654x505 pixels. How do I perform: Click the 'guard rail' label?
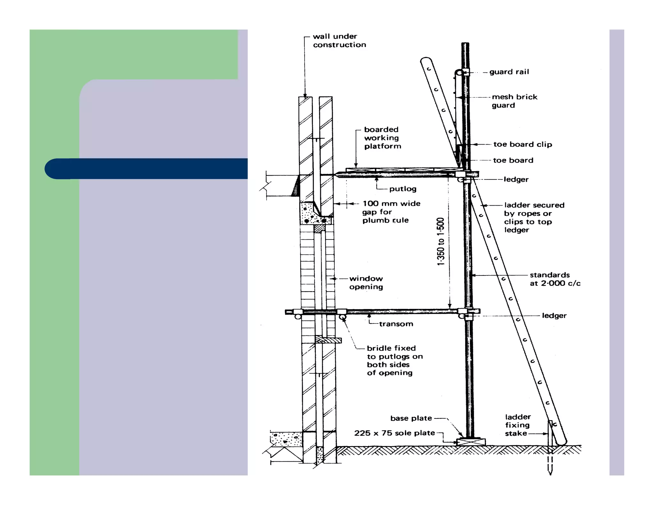click(509, 72)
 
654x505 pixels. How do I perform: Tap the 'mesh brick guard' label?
click(514, 101)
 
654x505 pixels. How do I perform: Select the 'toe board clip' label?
click(522, 144)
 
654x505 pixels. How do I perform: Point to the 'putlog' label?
click(403, 189)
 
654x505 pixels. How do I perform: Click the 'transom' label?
click(396, 324)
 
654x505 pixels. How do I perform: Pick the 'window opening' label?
click(366, 283)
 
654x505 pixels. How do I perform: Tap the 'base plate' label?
click(411, 418)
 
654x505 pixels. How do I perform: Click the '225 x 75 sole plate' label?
click(394, 433)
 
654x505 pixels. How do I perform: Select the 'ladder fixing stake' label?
click(517, 425)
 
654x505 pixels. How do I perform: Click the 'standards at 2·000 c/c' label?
click(555, 279)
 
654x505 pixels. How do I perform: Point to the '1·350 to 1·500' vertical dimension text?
click(441, 241)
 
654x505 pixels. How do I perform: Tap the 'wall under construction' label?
click(339, 41)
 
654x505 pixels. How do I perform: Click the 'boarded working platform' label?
click(382, 138)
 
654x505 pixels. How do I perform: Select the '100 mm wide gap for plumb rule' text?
click(391, 212)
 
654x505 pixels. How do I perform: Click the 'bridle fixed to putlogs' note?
click(394, 360)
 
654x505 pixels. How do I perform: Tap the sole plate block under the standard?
click(471, 442)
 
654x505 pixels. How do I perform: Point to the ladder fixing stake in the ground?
click(550, 447)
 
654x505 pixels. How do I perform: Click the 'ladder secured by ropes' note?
click(534, 217)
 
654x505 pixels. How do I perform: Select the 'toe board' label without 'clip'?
click(513, 160)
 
